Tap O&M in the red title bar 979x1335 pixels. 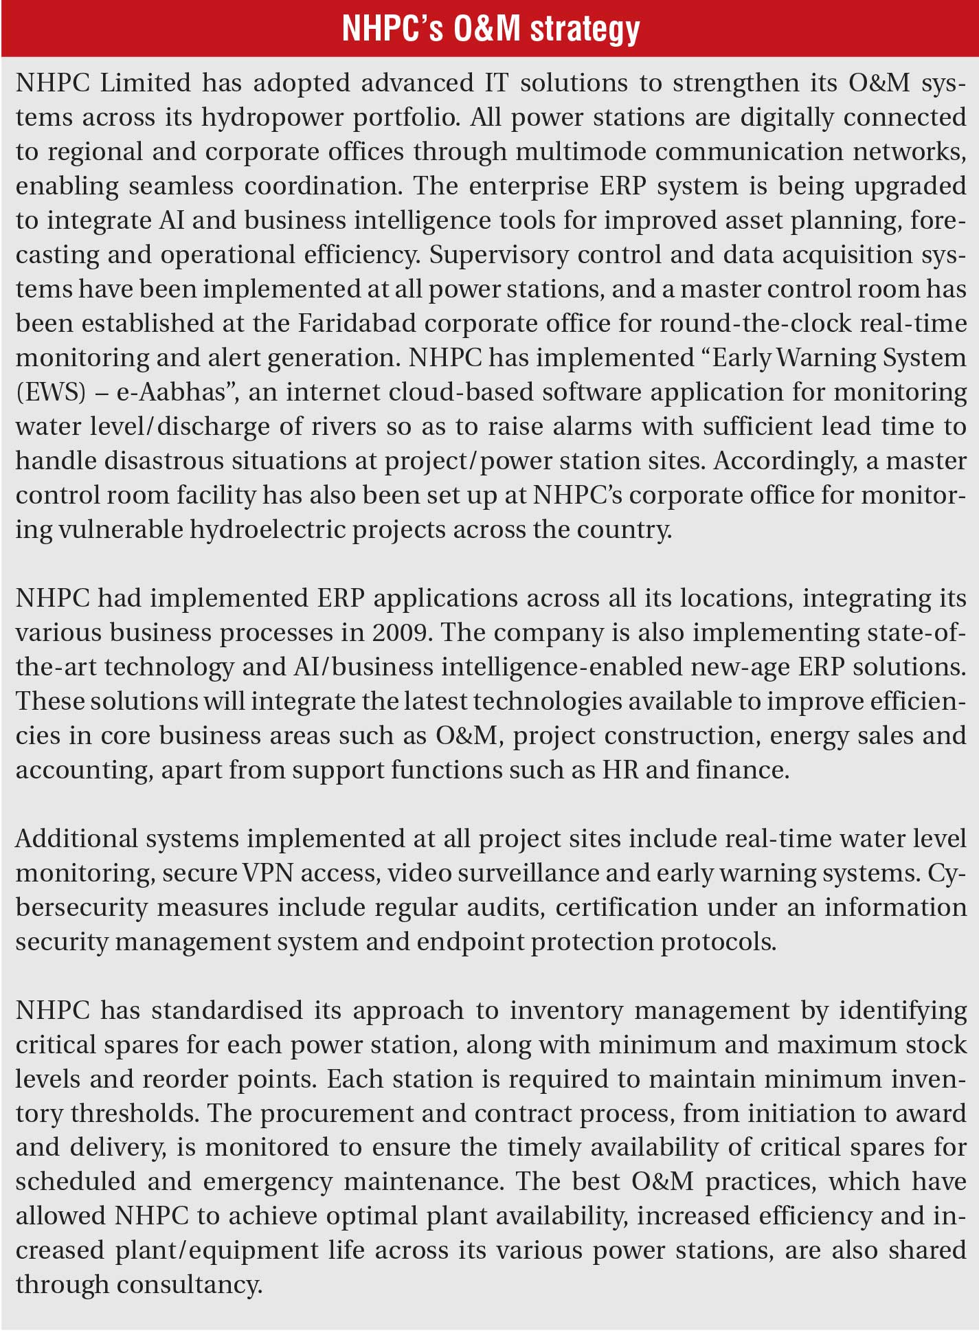[x=487, y=29]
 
